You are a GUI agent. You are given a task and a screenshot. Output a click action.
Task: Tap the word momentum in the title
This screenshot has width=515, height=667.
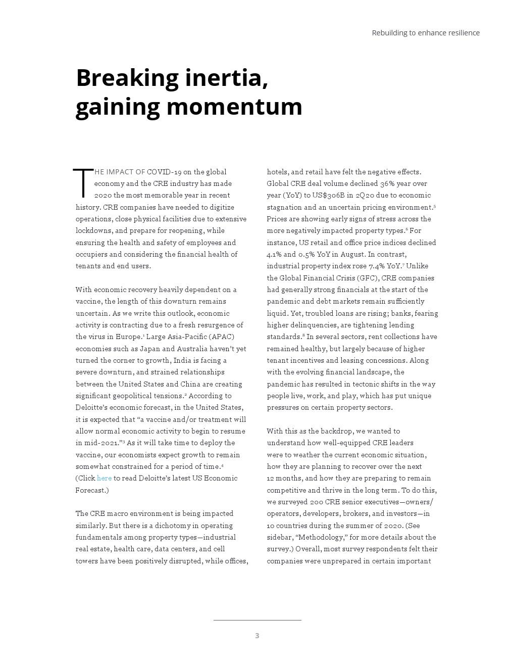(234, 107)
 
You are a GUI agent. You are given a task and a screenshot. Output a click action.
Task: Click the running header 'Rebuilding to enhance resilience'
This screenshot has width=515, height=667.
(426, 33)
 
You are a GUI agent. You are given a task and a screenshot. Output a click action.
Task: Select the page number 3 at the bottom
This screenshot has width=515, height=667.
(257, 636)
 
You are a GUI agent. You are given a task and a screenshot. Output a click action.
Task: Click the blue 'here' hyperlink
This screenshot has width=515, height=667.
(104, 478)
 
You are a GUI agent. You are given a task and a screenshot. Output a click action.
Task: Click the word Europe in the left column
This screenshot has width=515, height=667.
(127, 337)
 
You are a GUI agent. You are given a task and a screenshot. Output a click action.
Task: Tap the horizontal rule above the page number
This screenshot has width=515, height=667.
(257, 620)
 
